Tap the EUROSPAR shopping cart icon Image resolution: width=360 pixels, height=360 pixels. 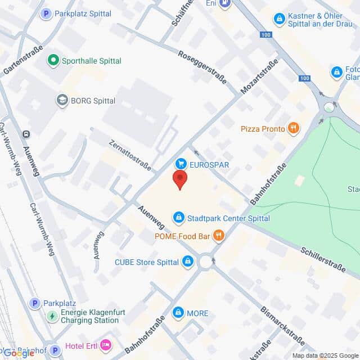tap(181, 164)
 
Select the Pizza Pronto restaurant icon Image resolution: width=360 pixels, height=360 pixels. tap(293, 129)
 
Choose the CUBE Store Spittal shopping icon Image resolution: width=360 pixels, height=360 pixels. tap(188, 262)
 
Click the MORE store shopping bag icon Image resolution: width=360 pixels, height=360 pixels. tap(179, 312)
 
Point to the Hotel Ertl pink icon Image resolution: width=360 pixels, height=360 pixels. tap(105, 345)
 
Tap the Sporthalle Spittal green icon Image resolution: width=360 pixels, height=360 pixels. tap(53, 59)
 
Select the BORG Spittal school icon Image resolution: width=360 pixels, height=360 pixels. tap(62, 101)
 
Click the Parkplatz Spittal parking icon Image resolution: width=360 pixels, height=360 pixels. tap(46, 13)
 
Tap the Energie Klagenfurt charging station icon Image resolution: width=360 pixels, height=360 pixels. tap(52, 316)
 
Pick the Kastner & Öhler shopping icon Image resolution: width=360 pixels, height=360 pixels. tap(279, 19)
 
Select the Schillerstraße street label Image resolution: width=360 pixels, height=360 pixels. tap(322, 259)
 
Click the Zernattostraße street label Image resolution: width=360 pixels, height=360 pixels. tap(130, 154)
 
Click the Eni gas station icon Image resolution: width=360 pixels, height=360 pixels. tap(225, 3)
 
